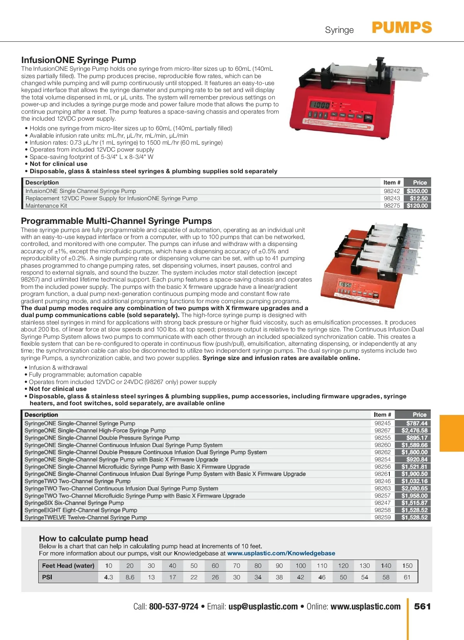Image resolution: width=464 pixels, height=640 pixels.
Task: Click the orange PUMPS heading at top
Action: [402, 28]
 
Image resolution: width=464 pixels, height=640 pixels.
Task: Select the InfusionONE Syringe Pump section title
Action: [78, 60]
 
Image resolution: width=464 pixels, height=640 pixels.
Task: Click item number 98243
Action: [392, 198]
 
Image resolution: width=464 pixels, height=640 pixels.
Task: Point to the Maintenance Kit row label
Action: [46, 206]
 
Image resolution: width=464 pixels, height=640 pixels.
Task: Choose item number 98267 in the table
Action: [382, 430]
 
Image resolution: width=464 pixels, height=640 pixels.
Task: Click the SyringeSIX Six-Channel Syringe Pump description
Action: [74, 503]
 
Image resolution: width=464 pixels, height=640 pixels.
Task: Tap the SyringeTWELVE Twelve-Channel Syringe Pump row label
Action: [85, 517]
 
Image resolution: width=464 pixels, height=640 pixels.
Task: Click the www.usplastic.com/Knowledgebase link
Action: [281, 553]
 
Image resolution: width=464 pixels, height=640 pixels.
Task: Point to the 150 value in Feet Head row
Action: [407, 566]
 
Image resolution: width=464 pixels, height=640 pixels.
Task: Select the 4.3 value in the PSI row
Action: [109, 577]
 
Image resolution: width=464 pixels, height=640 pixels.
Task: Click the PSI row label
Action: [47, 577]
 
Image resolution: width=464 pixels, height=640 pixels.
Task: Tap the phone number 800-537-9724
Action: [174, 606]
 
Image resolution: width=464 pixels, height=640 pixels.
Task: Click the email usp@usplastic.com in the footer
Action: [263, 606]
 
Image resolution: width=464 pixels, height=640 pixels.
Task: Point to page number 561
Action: [422, 606]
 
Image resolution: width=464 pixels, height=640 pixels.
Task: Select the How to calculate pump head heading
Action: [94, 538]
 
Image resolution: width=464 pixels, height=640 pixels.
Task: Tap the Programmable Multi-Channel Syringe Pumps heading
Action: [116, 221]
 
